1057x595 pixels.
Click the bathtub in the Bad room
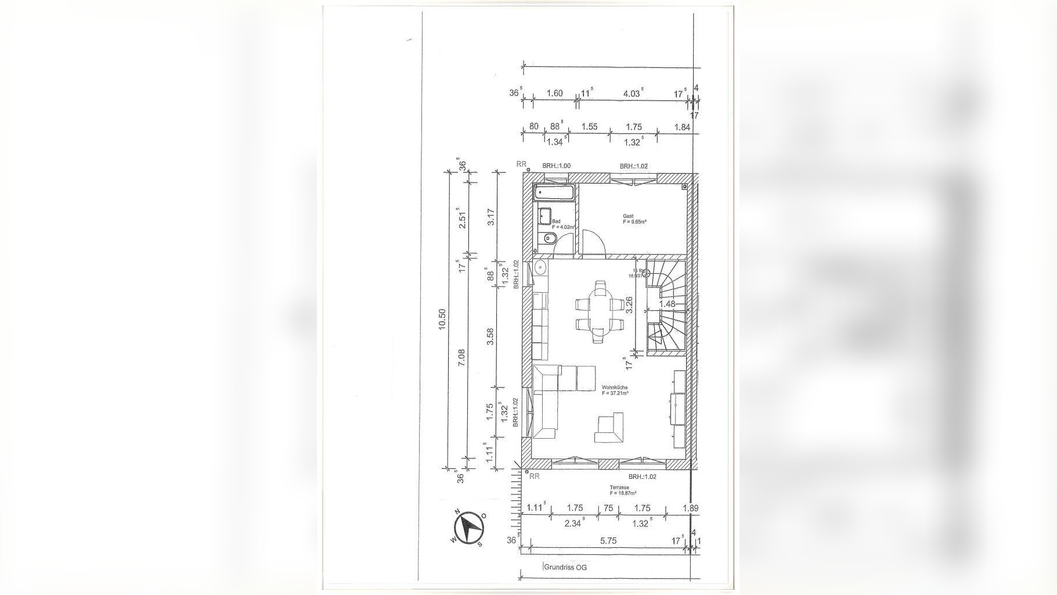(554, 192)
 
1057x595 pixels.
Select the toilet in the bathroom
(549, 238)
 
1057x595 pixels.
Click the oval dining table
(599, 312)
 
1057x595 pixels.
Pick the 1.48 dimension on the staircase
(668, 304)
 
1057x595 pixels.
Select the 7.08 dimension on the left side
(461, 357)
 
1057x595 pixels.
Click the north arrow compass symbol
(469, 528)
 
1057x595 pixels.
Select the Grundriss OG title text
(565, 567)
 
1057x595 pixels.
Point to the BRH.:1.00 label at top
(556, 166)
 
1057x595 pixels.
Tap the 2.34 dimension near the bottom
(573, 524)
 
